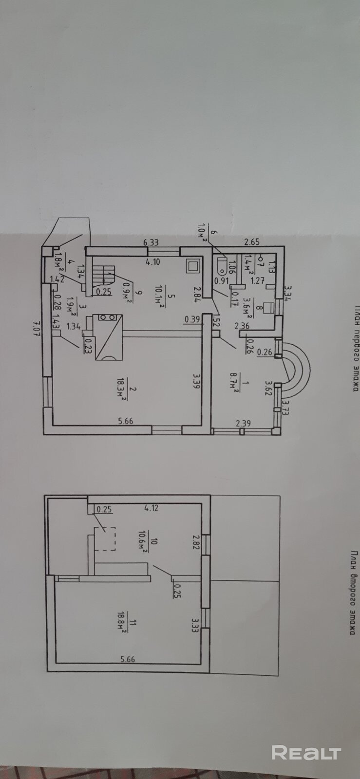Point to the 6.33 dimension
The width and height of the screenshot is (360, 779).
(152, 241)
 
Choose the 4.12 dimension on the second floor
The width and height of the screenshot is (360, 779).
(152, 508)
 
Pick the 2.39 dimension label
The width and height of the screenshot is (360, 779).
(243, 424)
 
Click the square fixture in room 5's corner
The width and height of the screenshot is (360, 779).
(193, 266)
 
